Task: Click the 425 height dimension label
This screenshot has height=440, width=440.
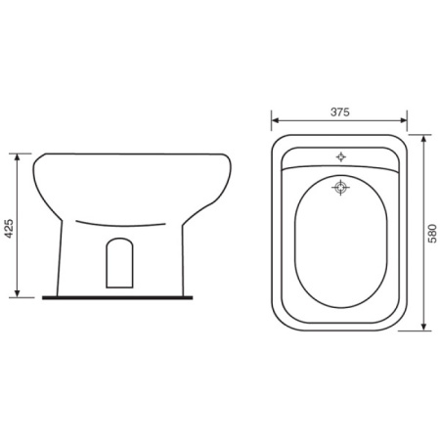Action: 10,228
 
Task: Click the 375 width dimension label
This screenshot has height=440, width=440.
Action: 339,112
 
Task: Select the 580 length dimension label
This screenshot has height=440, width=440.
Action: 432,234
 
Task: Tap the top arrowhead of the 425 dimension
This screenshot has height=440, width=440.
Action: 18,156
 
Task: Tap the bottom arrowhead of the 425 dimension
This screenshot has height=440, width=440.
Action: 18,294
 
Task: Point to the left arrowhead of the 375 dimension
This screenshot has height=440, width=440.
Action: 275,120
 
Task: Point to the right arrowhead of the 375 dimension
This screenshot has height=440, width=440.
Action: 404,120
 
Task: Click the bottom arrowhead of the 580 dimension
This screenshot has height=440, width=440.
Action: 423,327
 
